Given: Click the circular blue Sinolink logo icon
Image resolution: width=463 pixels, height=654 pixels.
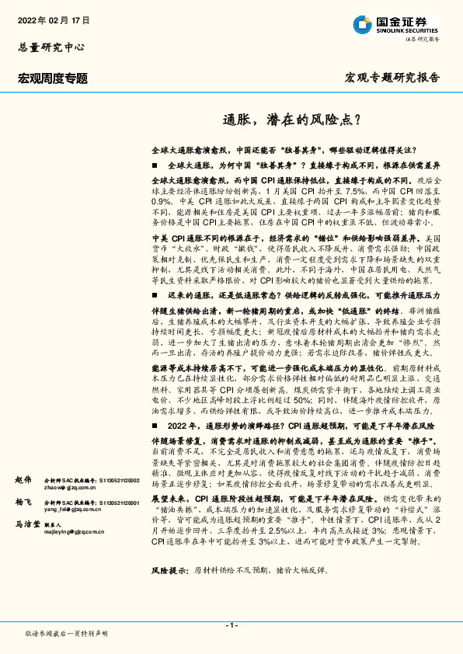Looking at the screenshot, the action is tap(360, 23).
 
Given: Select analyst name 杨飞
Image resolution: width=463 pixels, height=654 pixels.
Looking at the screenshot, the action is tap(24, 503).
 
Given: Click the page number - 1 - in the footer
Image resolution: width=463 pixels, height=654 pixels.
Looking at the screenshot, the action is tap(231, 625).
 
